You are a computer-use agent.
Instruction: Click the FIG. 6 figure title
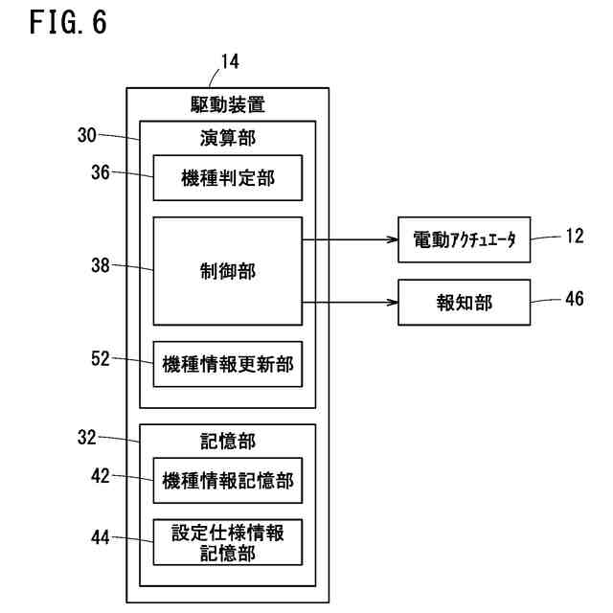point(68,22)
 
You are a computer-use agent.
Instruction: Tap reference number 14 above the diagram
point(230,61)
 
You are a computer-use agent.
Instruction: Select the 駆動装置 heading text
point(228,104)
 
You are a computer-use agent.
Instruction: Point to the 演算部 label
point(228,138)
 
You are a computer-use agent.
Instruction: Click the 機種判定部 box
point(228,178)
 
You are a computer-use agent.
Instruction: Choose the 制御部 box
point(228,271)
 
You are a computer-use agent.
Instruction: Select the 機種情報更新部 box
point(228,364)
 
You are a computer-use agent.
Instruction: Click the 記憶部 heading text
point(228,442)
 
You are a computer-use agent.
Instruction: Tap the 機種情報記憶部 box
point(228,481)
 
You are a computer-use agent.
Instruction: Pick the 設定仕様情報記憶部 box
point(228,542)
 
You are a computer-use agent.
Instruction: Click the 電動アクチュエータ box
point(464,239)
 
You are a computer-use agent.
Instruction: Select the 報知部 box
point(464,303)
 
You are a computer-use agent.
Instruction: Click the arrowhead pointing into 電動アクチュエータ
point(393,239)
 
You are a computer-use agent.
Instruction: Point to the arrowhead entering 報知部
point(393,303)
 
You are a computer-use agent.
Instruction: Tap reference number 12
point(575,237)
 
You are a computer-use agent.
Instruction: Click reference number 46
point(575,299)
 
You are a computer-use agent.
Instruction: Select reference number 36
point(101,172)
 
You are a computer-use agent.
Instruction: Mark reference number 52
point(101,358)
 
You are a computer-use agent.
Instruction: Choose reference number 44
point(101,537)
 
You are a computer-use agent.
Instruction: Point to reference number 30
point(87,135)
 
